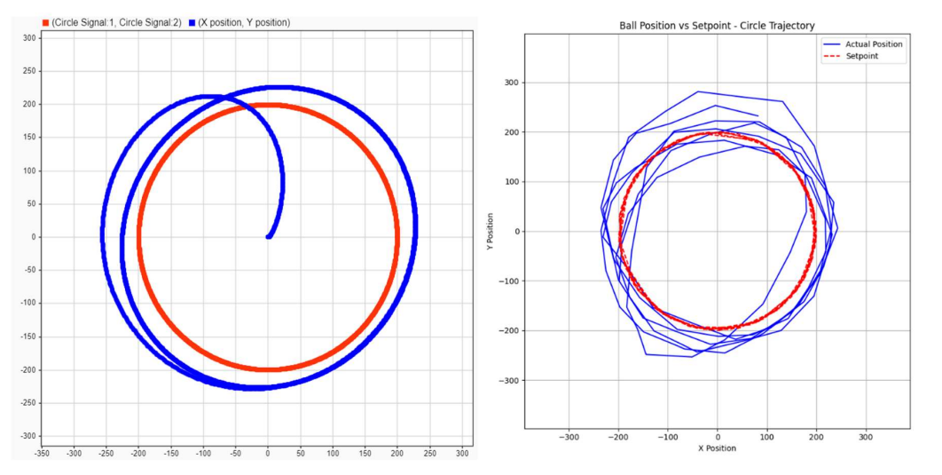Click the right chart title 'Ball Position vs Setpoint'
(717, 26)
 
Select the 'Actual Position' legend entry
(874, 44)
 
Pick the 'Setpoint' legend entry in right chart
(863, 56)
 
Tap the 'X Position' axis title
(717, 447)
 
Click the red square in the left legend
(45, 22)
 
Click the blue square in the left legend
(192, 22)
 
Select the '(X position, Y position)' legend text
(243, 22)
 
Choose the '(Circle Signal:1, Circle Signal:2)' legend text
(116, 22)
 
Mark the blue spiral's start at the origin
(268, 236)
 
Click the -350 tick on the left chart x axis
(41, 453)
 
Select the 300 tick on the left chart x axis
(461, 453)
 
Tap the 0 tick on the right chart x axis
(718, 437)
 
